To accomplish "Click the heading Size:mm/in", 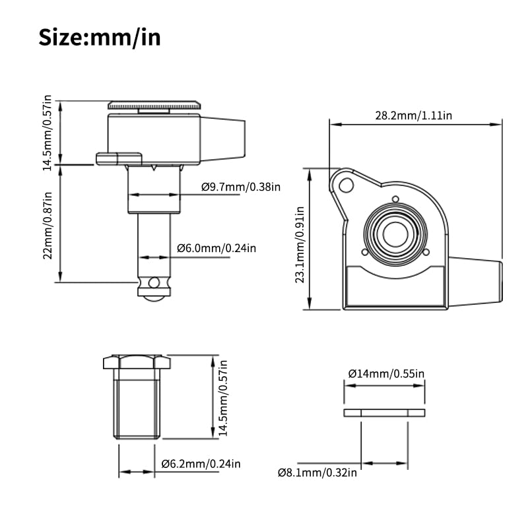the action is (x=100, y=38).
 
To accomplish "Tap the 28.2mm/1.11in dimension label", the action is (x=414, y=116).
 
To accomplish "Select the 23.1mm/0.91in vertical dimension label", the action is (x=300, y=245).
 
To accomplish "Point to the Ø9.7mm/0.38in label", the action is (x=241, y=187).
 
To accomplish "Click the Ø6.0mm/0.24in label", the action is (x=216, y=249).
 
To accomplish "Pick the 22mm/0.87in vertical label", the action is (x=48, y=226).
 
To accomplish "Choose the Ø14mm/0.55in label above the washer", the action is (x=386, y=374).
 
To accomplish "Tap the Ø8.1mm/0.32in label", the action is (x=317, y=473).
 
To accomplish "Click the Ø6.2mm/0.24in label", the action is (x=201, y=464).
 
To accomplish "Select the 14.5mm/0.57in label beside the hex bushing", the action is (x=223, y=398).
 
